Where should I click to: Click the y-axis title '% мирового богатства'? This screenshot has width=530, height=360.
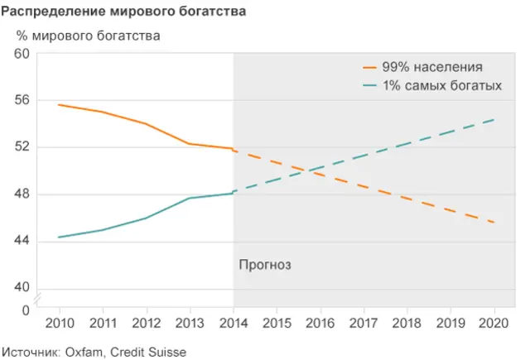(x=89, y=36)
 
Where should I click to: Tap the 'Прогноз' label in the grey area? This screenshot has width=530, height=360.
(x=266, y=265)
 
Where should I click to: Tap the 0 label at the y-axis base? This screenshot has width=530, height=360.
(x=26, y=310)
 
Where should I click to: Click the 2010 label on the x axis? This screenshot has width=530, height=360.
(x=59, y=322)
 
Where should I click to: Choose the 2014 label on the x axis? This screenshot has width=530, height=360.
(x=234, y=322)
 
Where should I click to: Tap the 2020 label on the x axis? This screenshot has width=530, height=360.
(x=494, y=322)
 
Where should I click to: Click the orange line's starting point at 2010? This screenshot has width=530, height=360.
(x=59, y=105)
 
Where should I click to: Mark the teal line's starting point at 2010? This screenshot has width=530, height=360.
(x=59, y=238)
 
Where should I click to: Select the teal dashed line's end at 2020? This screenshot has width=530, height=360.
(x=494, y=120)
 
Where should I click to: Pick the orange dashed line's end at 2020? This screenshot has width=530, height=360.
(x=494, y=223)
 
